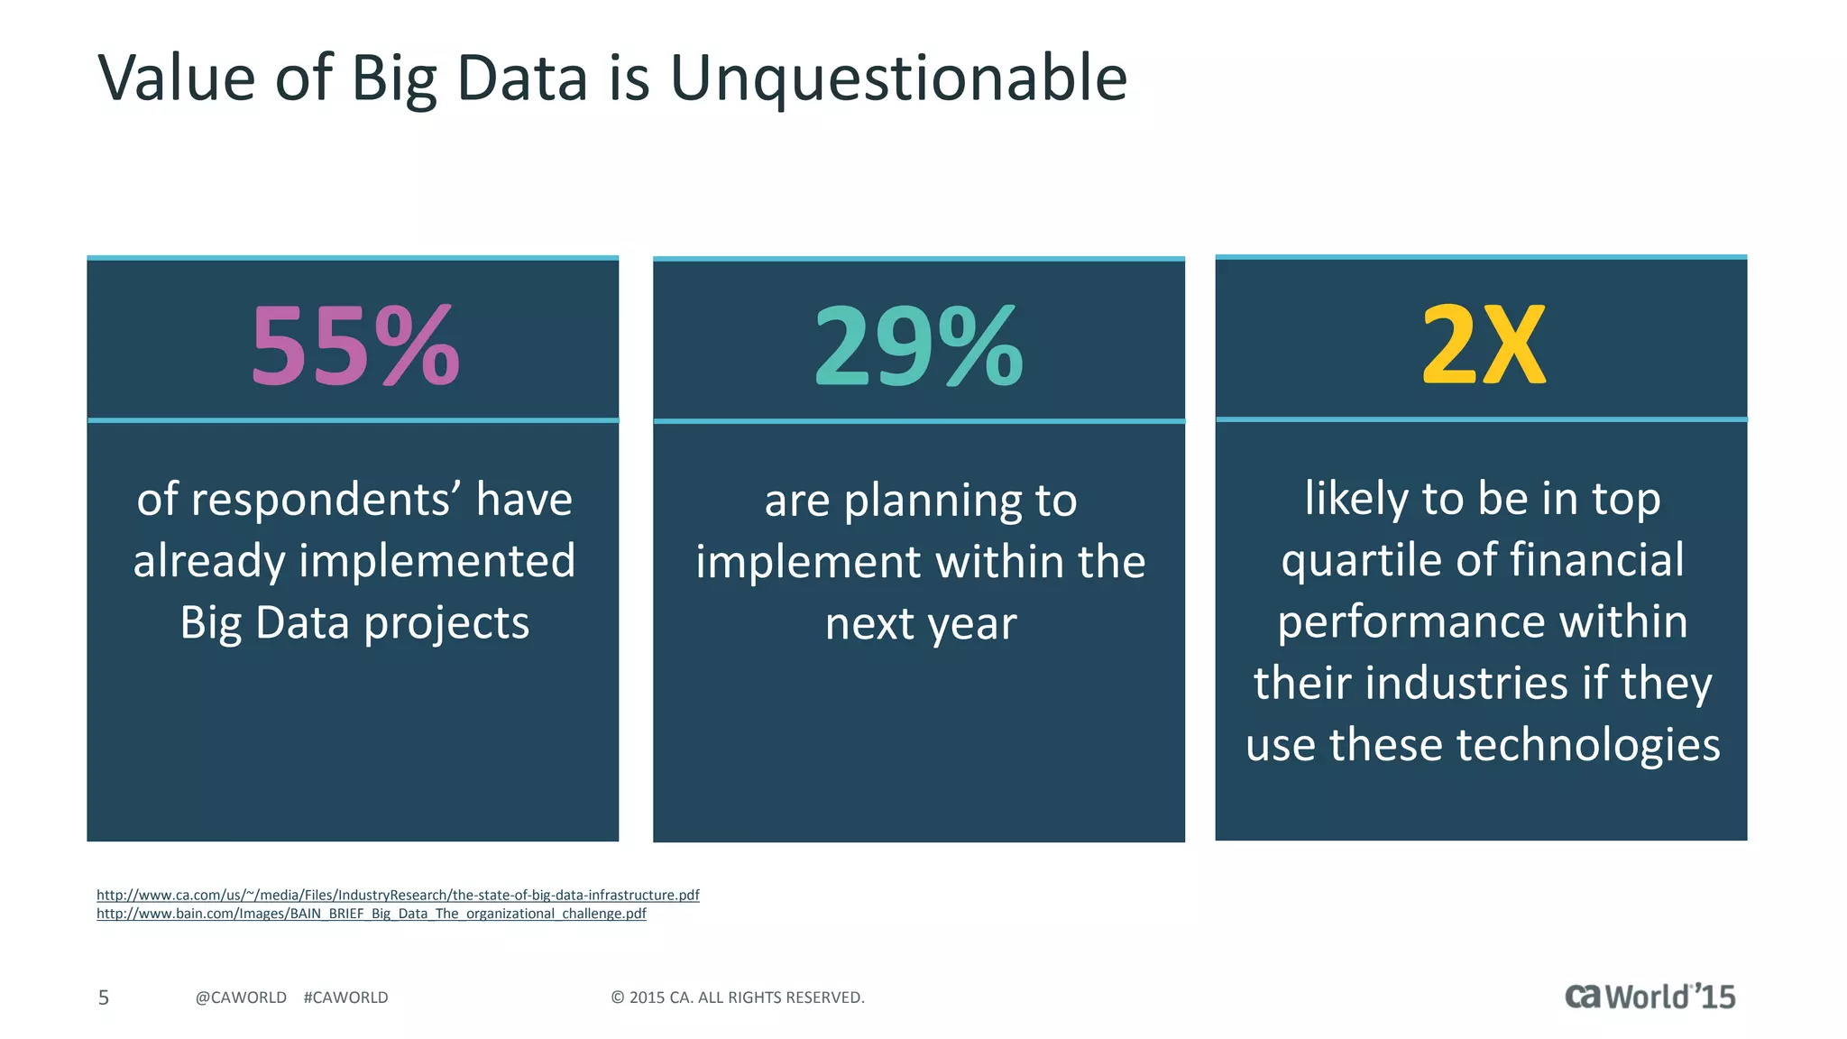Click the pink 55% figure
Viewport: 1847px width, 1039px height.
354,346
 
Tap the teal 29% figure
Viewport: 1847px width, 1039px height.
918,346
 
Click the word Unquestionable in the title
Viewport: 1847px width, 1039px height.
898,79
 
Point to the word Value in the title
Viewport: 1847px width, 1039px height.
177,78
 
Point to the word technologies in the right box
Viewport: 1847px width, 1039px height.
1587,745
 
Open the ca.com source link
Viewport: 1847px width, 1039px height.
398,895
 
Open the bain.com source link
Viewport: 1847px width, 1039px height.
371,914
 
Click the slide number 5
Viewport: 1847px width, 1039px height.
104,998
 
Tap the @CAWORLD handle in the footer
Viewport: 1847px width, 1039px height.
241,998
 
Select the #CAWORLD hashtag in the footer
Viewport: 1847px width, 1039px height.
346,998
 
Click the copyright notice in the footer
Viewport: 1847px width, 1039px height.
738,998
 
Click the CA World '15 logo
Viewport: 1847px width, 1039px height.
1649,997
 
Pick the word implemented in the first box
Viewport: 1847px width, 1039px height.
436,562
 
